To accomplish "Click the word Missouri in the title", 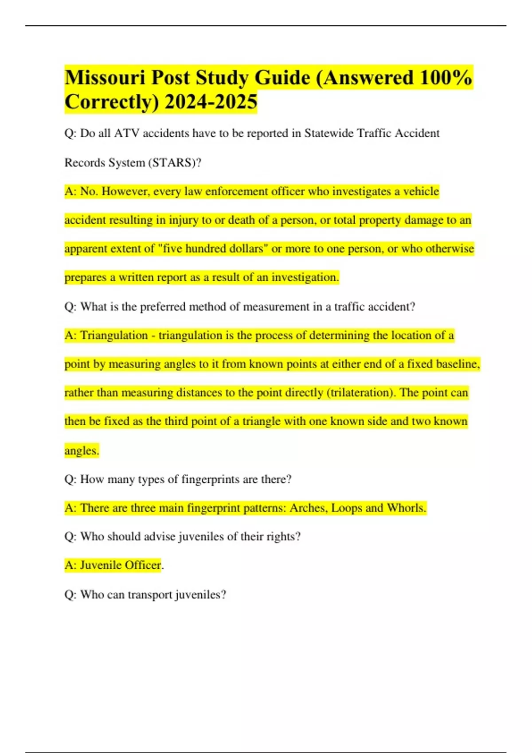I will coord(105,78).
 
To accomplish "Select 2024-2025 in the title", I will coord(211,102).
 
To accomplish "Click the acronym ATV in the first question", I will coord(127,133).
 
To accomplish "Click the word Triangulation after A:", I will coord(114,335).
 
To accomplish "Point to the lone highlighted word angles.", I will coord(82,450).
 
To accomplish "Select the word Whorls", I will coord(406,508).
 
